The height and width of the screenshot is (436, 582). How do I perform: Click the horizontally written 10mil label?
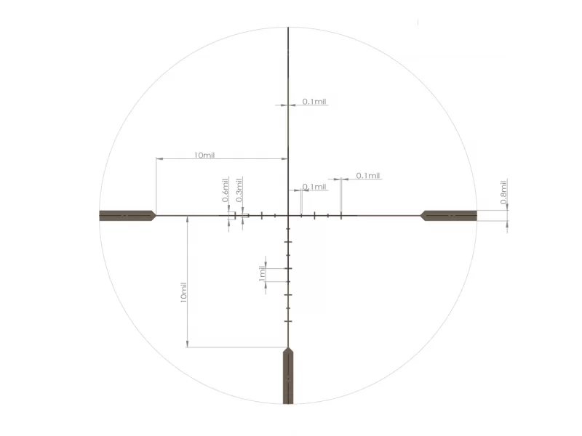(x=204, y=155)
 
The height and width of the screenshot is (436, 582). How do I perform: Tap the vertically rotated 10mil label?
(x=183, y=293)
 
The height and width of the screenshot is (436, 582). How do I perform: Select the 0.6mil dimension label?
(x=226, y=190)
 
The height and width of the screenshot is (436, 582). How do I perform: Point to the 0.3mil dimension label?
(x=239, y=190)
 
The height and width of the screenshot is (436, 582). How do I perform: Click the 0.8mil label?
(x=503, y=192)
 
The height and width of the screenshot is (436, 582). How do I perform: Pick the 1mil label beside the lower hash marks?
(x=262, y=273)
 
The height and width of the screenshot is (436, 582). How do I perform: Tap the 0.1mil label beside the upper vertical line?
(x=314, y=102)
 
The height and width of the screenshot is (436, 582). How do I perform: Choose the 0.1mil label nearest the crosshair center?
(x=314, y=187)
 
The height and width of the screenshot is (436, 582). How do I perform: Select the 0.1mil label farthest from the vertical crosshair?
(x=368, y=175)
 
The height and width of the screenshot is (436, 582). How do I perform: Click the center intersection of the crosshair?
(x=288, y=215)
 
